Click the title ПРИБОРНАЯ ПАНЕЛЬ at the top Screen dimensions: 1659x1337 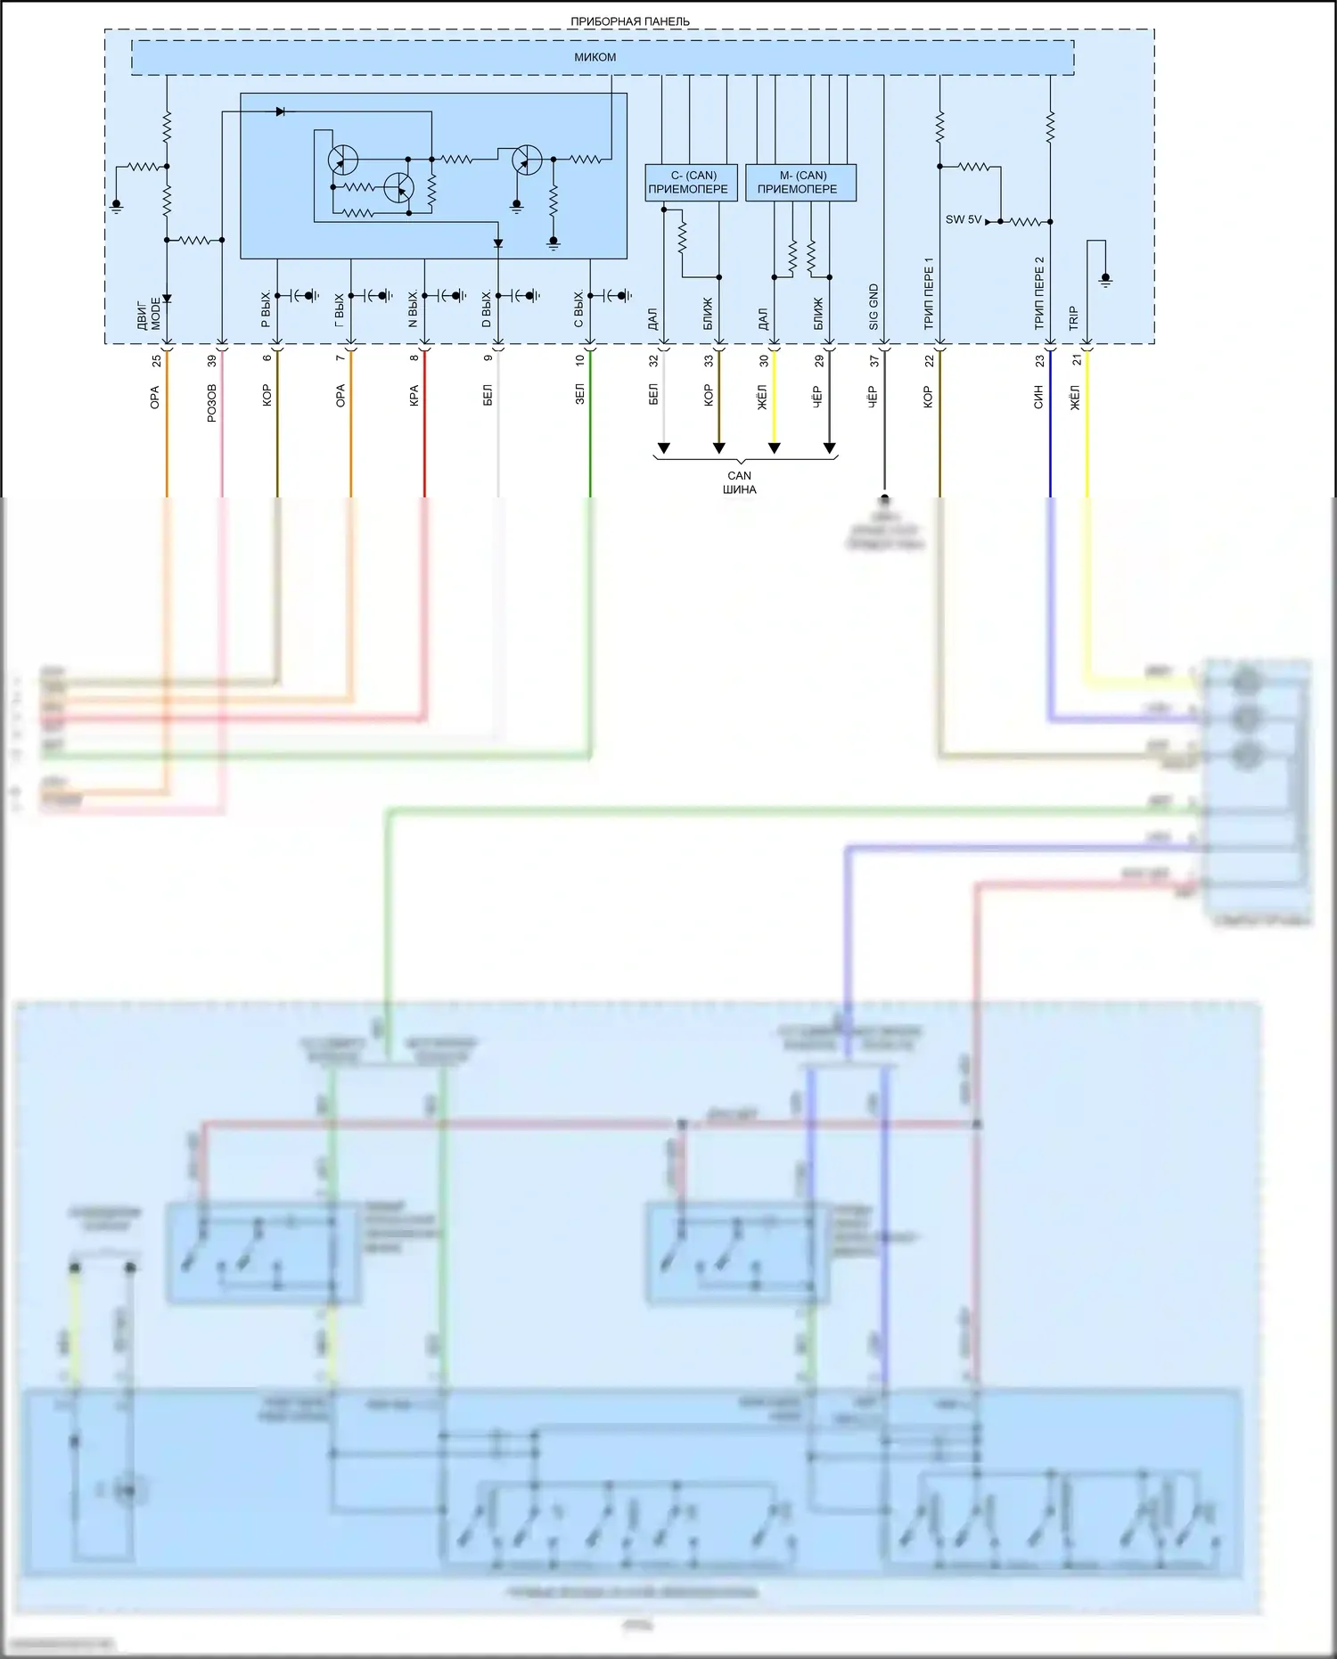pyautogui.click(x=629, y=21)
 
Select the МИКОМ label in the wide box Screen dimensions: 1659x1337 pyautogui.click(x=595, y=57)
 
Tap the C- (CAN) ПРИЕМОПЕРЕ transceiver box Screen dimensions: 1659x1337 pyautogui.click(x=691, y=182)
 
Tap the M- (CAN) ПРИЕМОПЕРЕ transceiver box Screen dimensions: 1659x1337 pyautogui.click(x=800, y=182)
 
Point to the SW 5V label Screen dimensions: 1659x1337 pyautogui.click(x=963, y=219)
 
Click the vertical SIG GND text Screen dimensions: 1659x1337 pyautogui.click(x=874, y=307)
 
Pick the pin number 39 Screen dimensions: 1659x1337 pyautogui.click(x=212, y=361)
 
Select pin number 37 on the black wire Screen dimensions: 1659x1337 pyautogui.click(x=874, y=361)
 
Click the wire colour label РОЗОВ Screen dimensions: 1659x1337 pyautogui.click(x=212, y=403)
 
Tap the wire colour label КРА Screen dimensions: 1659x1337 pyautogui.click(x=414, y=397)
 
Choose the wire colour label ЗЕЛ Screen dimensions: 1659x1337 pyautogui.click(x=580, y=395)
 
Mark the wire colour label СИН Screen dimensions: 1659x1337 pyautogui.click(x=1038, y=398)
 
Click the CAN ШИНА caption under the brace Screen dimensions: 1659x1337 pyautogui.click(x=740, y=482)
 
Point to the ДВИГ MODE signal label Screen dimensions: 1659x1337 pyautogui.click(x=150, y=314)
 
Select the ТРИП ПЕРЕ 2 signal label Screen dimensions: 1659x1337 pyautogui.click(x=1039, y=293)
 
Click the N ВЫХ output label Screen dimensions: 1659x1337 pyautogui.click(x=414, y=309)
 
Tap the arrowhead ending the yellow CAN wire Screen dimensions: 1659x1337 pyautogui.click(x=774, y=448)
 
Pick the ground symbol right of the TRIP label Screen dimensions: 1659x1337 pyautogui.click(x=1105, y=280)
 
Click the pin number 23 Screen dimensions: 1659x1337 pyautogui.click(x=1039, y=361)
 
